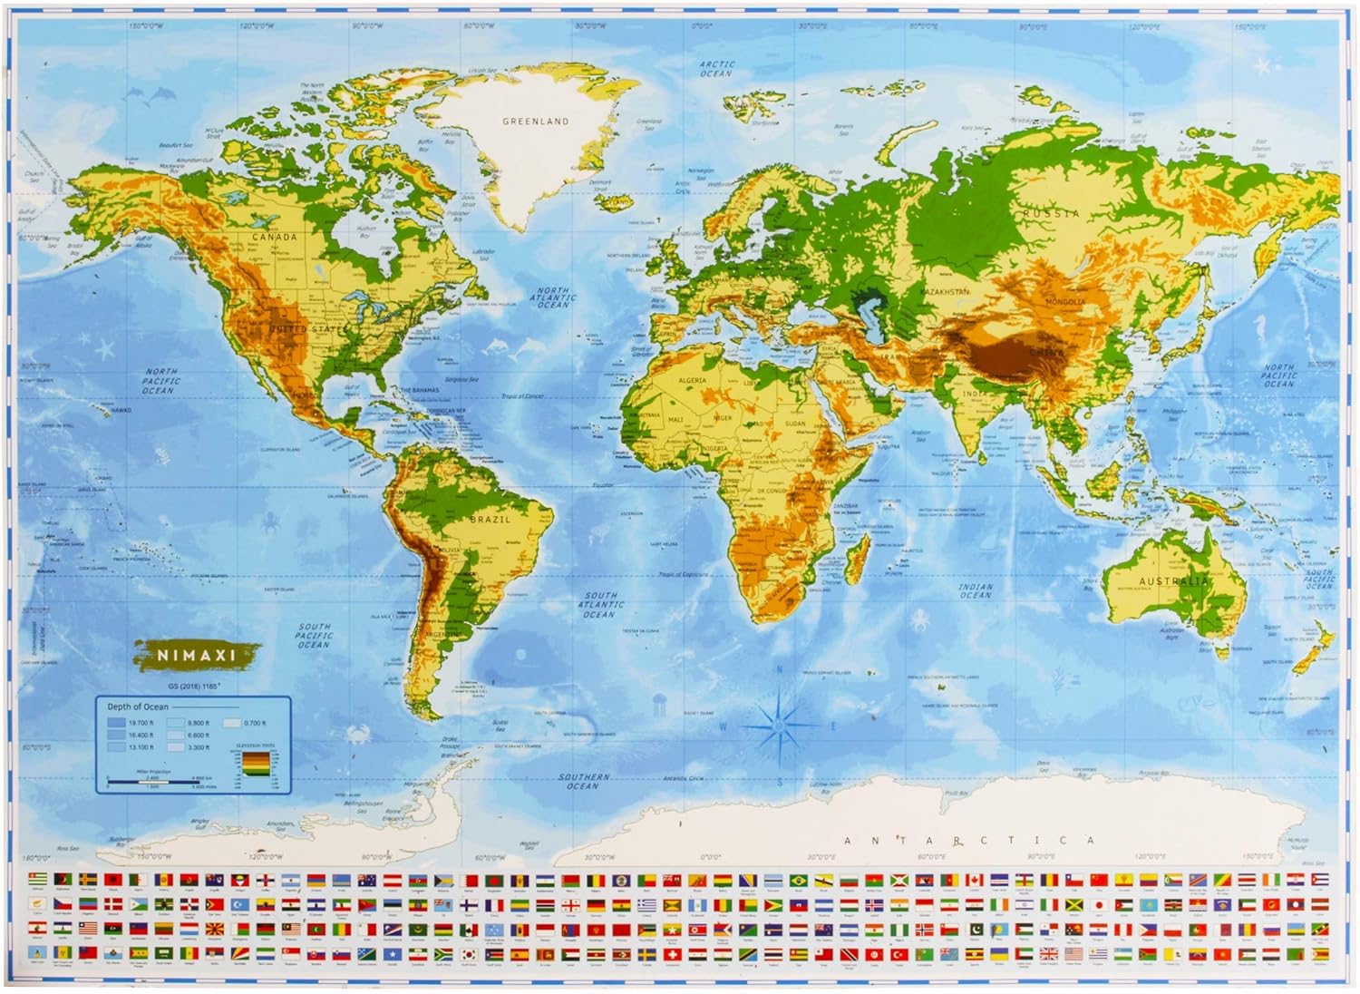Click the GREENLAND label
tap(536, 121)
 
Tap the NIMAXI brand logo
tap(197, 653)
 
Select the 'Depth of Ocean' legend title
tap(138, 707)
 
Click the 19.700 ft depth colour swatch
tap(116, 723)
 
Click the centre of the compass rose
tap(780, 725)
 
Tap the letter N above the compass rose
tap(780, 672)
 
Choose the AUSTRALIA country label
tap(1173, 581)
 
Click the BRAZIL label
tap(490, 520)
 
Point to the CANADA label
tap(274, 238)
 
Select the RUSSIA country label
tap(1052, 214)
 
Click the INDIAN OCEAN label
tap(976, 591)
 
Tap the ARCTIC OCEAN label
tap(716, 69)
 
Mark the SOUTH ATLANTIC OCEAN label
tap(599, 605)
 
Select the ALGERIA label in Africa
tap(692, 380)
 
